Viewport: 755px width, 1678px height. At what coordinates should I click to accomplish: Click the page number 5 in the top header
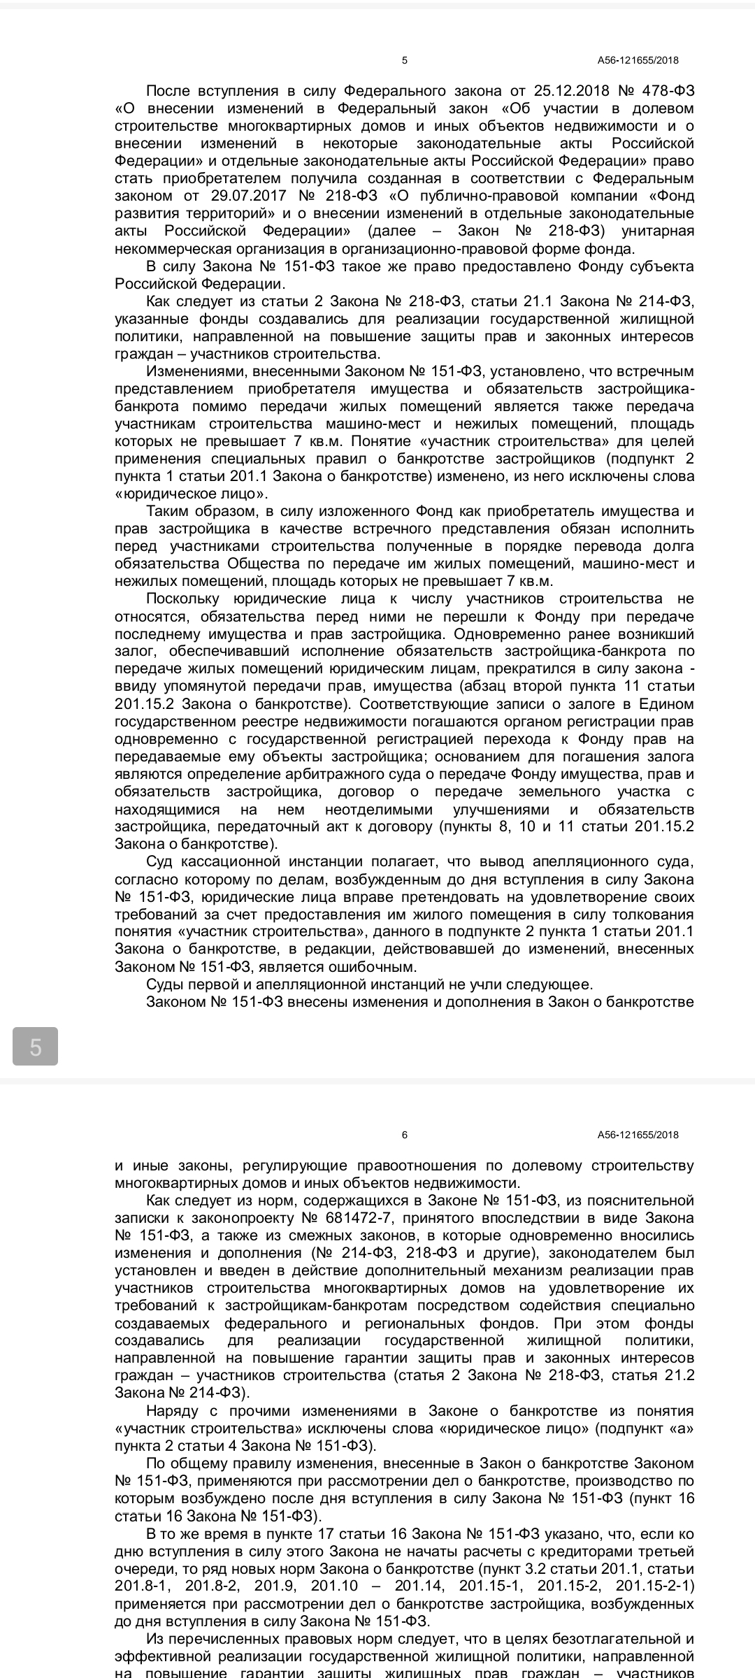(405, 61)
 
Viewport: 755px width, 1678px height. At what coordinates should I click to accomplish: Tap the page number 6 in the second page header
(405, 1135)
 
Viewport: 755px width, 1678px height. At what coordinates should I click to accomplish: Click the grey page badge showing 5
(36, 1047)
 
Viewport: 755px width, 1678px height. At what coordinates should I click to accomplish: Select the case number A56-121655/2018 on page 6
(638, 1135)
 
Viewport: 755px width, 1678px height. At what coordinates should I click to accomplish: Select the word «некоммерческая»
(168, 248)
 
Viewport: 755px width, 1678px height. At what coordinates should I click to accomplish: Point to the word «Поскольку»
(183, 598)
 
